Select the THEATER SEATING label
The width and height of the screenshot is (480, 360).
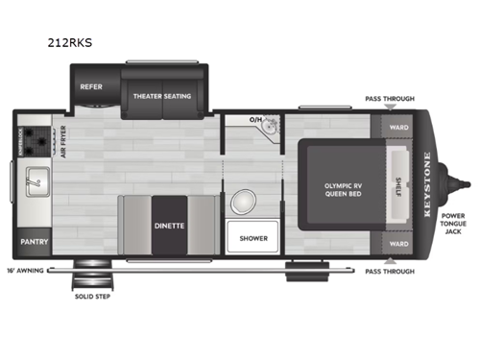[162, 96]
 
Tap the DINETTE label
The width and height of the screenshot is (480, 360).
[169, 228]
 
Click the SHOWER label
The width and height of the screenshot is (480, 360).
[253, 238]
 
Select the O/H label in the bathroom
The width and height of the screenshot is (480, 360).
[254, 121]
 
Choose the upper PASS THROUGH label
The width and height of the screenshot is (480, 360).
[389, 99]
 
